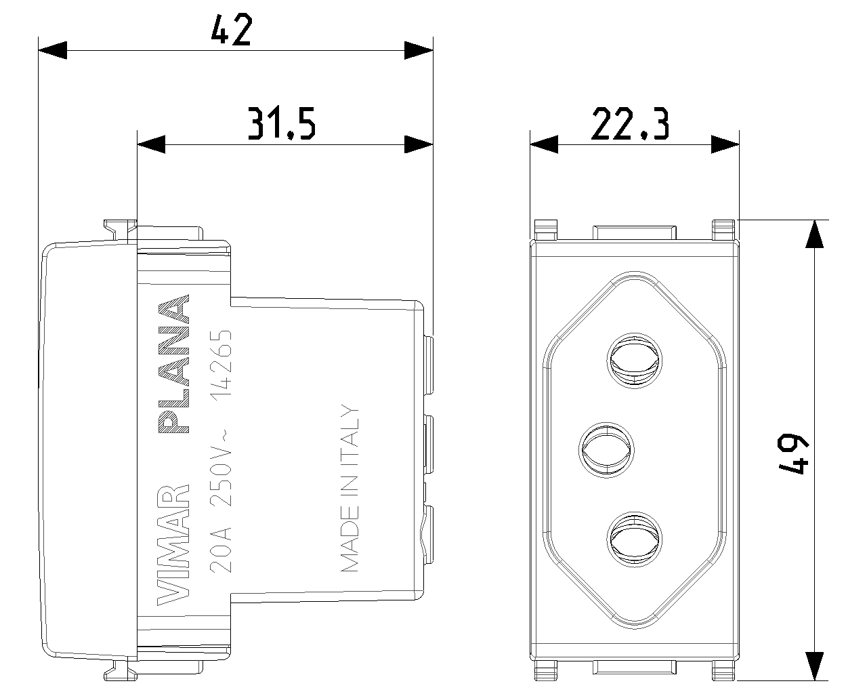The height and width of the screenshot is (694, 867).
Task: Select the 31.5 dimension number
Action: click(x=281, y=123)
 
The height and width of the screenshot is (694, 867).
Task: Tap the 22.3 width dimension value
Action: click(x=630, y=123)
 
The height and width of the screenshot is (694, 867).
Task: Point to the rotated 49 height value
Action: click(x=792, y=454)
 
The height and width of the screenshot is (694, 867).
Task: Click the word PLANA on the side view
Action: click(x=174, y=364)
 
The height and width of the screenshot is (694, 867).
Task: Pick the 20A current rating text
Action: click(x=221, y=550)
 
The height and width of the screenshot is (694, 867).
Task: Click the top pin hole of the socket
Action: click(x=635, y=361)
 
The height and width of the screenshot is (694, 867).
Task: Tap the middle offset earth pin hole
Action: click(x=606, y=450)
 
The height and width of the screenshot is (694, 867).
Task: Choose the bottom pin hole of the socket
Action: click(x=635, y=539)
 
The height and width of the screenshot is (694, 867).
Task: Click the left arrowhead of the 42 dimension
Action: click(x=52, y=50)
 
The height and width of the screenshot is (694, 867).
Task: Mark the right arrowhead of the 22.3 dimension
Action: click(x=725, y=144)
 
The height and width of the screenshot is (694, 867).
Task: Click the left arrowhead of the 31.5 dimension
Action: click(x=151, y=144)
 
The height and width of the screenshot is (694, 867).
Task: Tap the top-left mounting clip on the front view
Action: click(x=545, y=230)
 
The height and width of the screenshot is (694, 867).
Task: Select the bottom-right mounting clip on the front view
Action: click(x=723, y=670)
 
